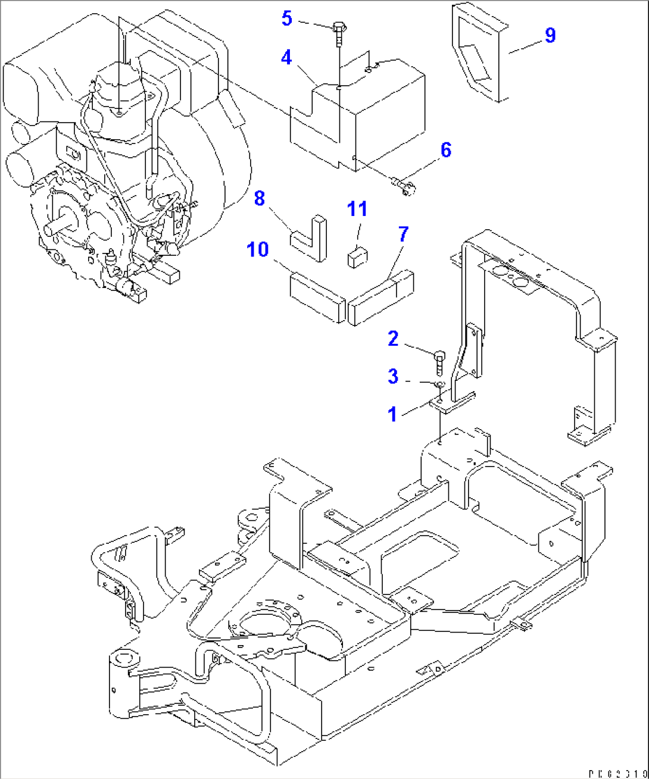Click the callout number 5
[287, 18]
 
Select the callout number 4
[287, 58]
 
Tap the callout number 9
[550, 35]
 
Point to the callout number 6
[446, 150]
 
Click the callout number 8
[259, 198]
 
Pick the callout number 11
[357, 209]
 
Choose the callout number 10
[258, 249]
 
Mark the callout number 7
[403, 234]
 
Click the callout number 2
[393, 339]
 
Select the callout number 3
[393, 376]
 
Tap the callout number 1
[392, 414]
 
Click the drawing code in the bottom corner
[617, 773]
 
